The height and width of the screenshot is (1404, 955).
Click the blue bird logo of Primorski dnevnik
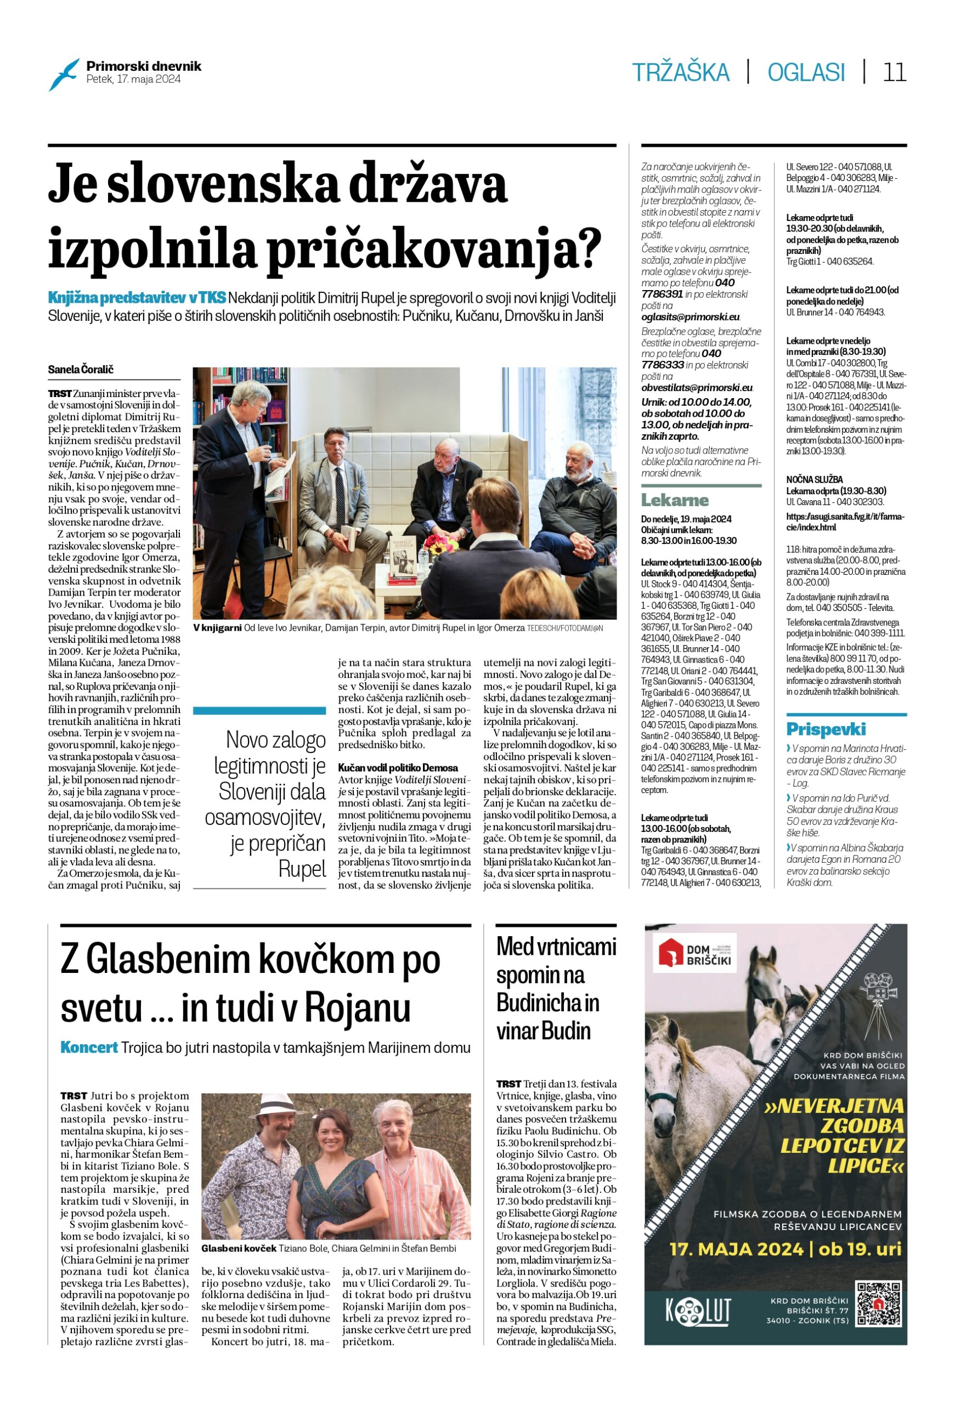64,74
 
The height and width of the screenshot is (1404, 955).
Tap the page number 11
894,72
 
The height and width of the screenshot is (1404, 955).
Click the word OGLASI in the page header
806,72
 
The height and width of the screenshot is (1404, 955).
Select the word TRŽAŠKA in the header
681,72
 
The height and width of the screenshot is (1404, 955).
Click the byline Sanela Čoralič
81,369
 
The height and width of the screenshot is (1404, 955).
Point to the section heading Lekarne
675,500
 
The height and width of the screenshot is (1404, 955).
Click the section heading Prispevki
826,728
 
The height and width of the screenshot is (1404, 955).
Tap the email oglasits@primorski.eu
691,317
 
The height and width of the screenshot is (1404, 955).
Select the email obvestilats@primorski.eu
697,388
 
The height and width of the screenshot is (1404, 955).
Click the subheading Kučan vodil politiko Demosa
398,768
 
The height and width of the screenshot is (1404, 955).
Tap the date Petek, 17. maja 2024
133,79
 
